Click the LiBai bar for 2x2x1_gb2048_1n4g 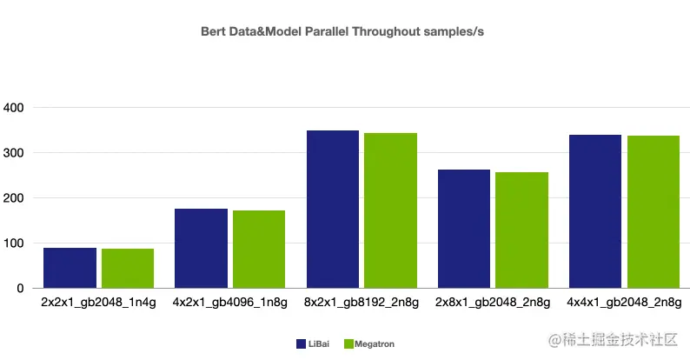pyautogui.click(x=70, y=268)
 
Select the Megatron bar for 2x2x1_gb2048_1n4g pyautogui.click(x=128, y=269)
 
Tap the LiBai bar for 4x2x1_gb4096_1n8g pyautogui.click(x=201, y=249)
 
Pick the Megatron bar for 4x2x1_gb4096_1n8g pyautogui.click(x=259, y=250)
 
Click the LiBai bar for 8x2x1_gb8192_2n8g pyautogui.click(x=332, y=210)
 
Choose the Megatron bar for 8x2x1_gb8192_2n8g pyautogui.click(x=390, y=210)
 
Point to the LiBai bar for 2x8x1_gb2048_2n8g pyautogui.click(x=463, y=229)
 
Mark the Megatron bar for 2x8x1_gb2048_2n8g pyautogui.click(x=521, y=230)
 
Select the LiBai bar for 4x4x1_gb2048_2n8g pyautogui.click(x=594, y=211)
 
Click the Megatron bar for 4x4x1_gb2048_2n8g pyautogui.click(x=653, y=212)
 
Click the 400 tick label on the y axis pyautogui.click(x=14, y=108)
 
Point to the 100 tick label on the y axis pyautogui.click(x=14, y=243)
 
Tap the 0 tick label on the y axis pyautogui.click(x=21, y=288)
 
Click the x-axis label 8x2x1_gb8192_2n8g pyautogui.click(x=362, y=303)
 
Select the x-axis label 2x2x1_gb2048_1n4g pyautogui.click(x=98, y=303)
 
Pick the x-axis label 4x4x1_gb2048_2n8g pyautogui.click(x=623, y=303)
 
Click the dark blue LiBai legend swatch pyautogui.click(x=300, y=344)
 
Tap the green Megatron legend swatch pyautogui.click(x=348, y=344)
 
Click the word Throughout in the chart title pyautogui.click(x=387, y=31)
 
